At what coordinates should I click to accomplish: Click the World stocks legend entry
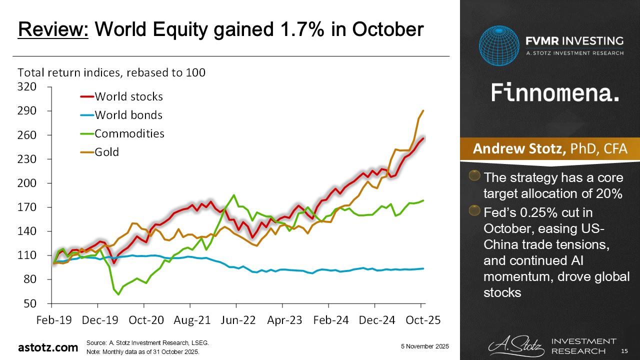[128, 96]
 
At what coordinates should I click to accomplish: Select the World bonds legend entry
[128, 115]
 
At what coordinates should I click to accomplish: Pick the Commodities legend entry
[129, 133]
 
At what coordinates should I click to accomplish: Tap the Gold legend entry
[107, 151]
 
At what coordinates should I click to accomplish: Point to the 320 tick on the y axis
[27, 87]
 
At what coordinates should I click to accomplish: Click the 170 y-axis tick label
[27, 207]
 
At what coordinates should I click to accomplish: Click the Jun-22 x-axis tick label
[235, 320]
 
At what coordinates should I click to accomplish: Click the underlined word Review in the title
[53, 30]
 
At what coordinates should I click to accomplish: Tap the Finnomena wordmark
[554, 93]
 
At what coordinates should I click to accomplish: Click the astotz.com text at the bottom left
[48, 347]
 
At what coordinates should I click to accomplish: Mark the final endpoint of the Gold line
[423, 110]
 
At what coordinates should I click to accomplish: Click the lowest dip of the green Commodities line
[118, 294]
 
